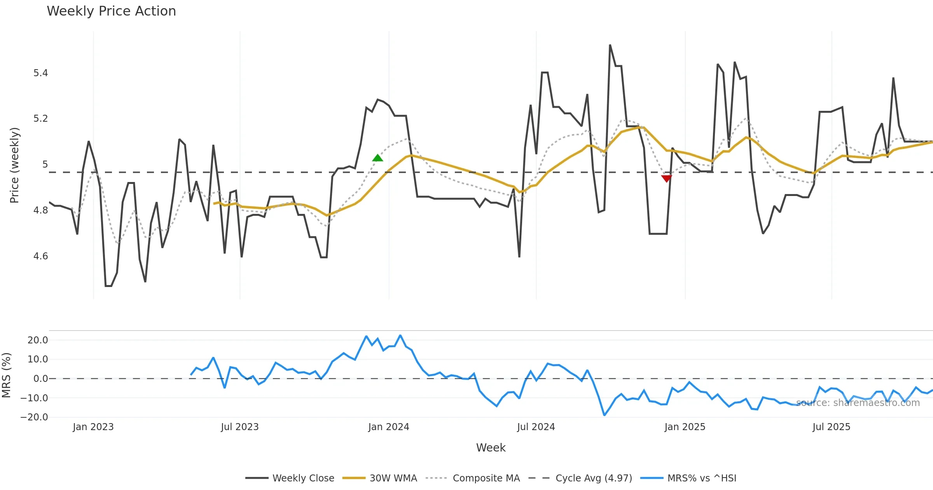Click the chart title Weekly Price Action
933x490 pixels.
tap(111, 11)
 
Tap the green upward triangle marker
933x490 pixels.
tap(377, 158)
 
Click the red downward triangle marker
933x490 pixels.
tap(666, 178)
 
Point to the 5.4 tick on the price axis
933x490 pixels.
tap(40, 73)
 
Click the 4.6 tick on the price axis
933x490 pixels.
tap(40, 256)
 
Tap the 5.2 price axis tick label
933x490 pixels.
tap(40, 119)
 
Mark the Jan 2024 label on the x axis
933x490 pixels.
tap(389, 427)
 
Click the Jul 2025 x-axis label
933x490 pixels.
tap(831, 427)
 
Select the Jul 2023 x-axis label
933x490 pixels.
tap(240, 427)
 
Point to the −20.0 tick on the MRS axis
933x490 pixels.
tap(34, 417)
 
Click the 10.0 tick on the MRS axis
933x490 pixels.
tap(38, 359)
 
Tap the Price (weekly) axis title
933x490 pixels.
tap(14, 165)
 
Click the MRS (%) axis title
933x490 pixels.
tap(7, 375)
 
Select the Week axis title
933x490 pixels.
tap(491, 448)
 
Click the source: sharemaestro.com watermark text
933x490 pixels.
tap(858, 403)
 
